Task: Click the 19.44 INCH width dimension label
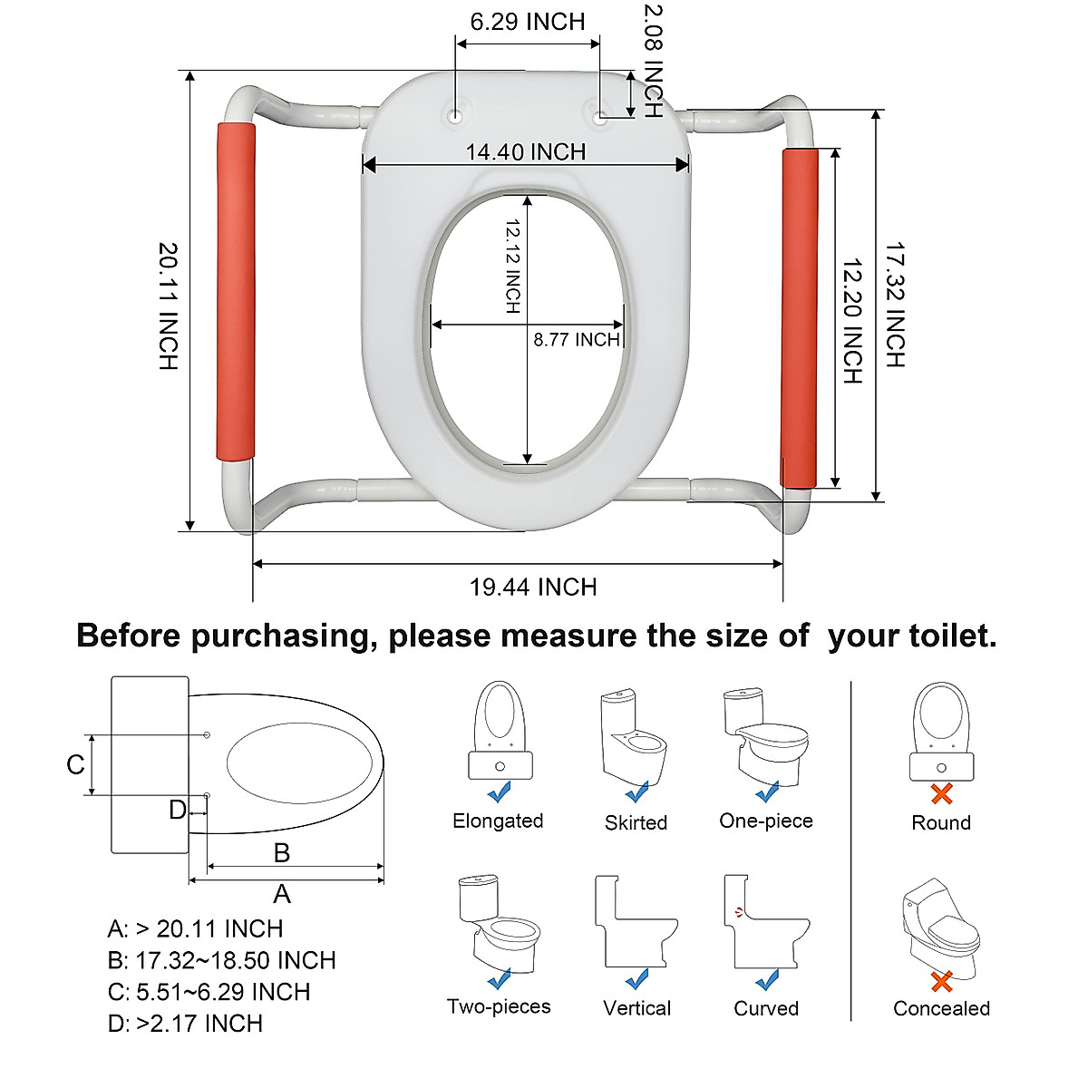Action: (x=533, y=588)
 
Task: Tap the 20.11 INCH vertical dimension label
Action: (x=169, y=306)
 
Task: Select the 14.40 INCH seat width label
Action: (x=526, y=151)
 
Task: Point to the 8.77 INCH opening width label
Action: (x=577, y=340)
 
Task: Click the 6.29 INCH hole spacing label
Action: (x=528, y=22)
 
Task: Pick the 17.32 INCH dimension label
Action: (x=895, y=305)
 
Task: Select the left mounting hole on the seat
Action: (x=454, y=115)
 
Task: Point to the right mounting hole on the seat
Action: (x=599, y=115)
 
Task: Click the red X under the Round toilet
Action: (x=942, y=794)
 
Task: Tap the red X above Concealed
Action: (x=942, y=981)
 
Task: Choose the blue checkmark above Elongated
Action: (x=499, y=793)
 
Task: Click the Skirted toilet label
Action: (x=636, y=823)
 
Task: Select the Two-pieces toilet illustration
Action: (x=497, y=925)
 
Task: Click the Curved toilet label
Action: (x=766, y=1009)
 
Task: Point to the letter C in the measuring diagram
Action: (x=76, y=765)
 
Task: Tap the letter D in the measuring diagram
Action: (x=179, y=810)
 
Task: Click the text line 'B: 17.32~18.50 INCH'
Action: (x=221, y=960)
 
